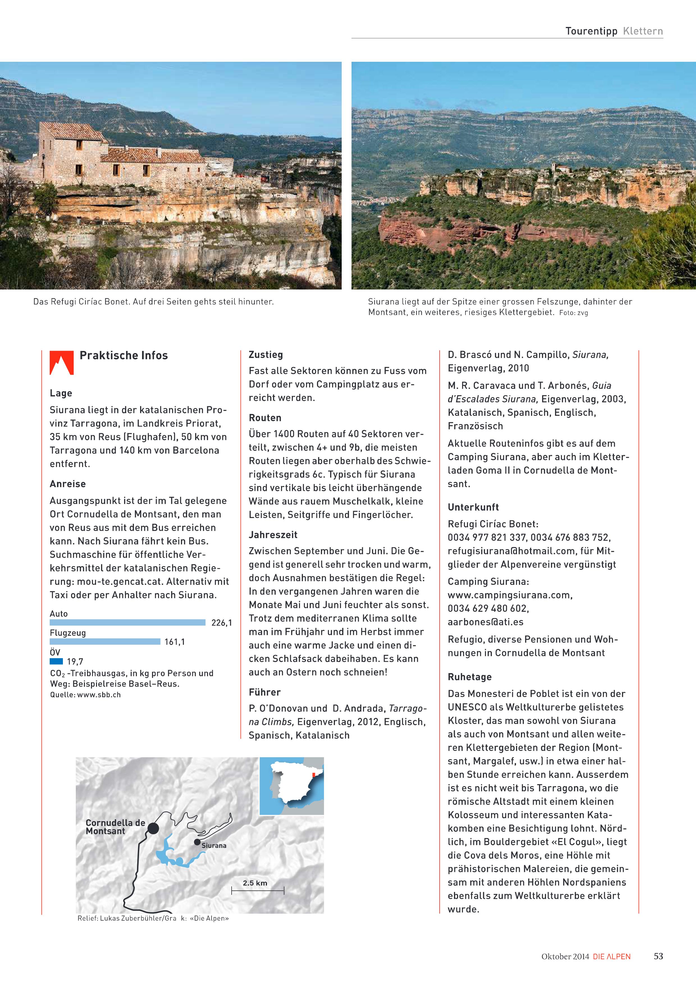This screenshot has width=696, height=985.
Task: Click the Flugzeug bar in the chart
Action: (105, 641)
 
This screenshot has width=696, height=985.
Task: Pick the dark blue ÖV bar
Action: (56, 661)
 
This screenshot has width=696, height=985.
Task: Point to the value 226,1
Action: (221, 623)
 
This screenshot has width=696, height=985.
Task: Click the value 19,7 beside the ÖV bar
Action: (75, 662)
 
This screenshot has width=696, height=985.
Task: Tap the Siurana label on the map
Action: (214, 845)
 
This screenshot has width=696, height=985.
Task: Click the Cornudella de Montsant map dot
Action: (153, 828)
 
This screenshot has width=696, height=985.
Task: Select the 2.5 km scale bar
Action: (257, 891)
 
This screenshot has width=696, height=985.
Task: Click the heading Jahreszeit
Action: (273, 535)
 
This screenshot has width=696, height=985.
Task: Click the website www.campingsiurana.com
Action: (510, 595)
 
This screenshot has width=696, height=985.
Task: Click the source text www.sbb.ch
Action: (99, 695)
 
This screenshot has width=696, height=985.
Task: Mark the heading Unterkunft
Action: (473, 507)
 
